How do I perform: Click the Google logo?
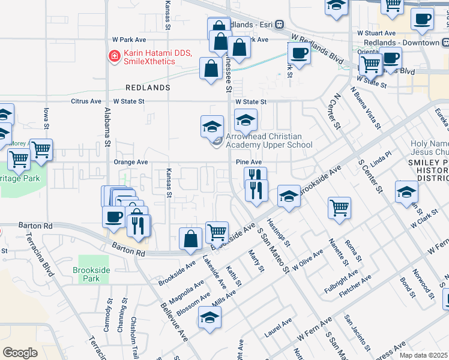pos(20,352)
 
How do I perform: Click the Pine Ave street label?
pos(249,162)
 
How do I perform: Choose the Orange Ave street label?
pos(130,162)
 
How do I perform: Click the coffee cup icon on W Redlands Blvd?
pos(299,53)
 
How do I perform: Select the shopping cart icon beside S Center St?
pos(339,208)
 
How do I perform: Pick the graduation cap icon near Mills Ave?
pos(210,317)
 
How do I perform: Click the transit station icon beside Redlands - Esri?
pos(279,25)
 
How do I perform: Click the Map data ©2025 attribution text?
pos(423,355)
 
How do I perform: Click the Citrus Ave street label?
pos(87,101)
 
